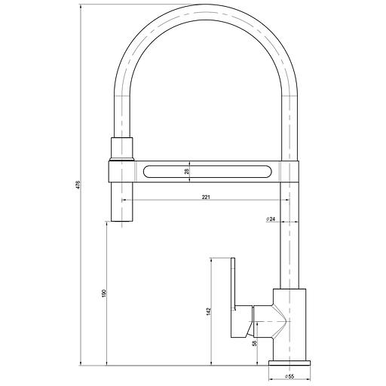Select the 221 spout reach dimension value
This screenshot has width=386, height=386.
click(x=205, y=197)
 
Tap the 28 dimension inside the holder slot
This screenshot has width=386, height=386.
click(x=186, y=171)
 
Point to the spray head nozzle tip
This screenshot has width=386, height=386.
click(x=123, y=218)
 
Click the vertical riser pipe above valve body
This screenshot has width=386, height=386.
click(x=289, y=241)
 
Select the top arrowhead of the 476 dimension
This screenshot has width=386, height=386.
click(x=81, y=6)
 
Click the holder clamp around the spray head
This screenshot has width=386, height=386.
click(x=122, y=172)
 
